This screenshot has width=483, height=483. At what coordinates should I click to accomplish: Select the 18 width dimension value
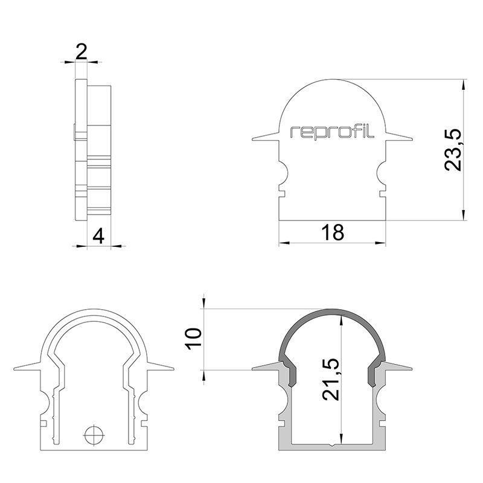[332, 231]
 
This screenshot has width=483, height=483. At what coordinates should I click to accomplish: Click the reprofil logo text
[333, 132]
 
